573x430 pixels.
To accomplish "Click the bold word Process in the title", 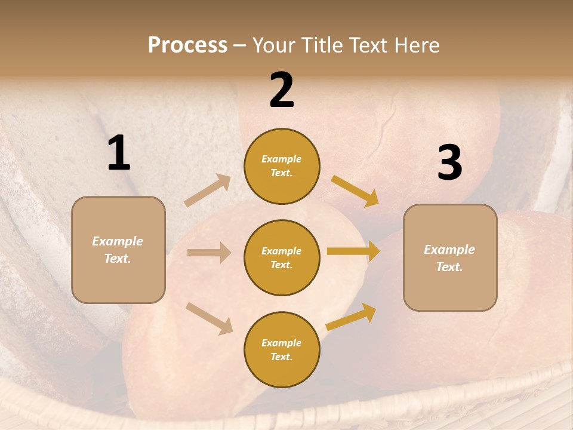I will pos(187,45).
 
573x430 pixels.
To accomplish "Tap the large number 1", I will pos(119,153).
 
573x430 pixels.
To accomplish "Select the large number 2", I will pos(282,90).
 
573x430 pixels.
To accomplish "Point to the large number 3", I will pos(449,163).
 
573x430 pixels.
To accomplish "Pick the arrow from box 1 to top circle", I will pos(208,191).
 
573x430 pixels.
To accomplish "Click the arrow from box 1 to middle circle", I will pos(209,253).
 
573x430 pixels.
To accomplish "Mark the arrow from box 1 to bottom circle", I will pos(209,318).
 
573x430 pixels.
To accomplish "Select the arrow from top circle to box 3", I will pos(355,191).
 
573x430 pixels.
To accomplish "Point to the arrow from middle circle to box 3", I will pos(353,251).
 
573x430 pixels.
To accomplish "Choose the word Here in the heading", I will pos(416,45).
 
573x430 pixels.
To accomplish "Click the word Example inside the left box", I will pos(118,241).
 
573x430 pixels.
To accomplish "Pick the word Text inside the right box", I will pos(449,267).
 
